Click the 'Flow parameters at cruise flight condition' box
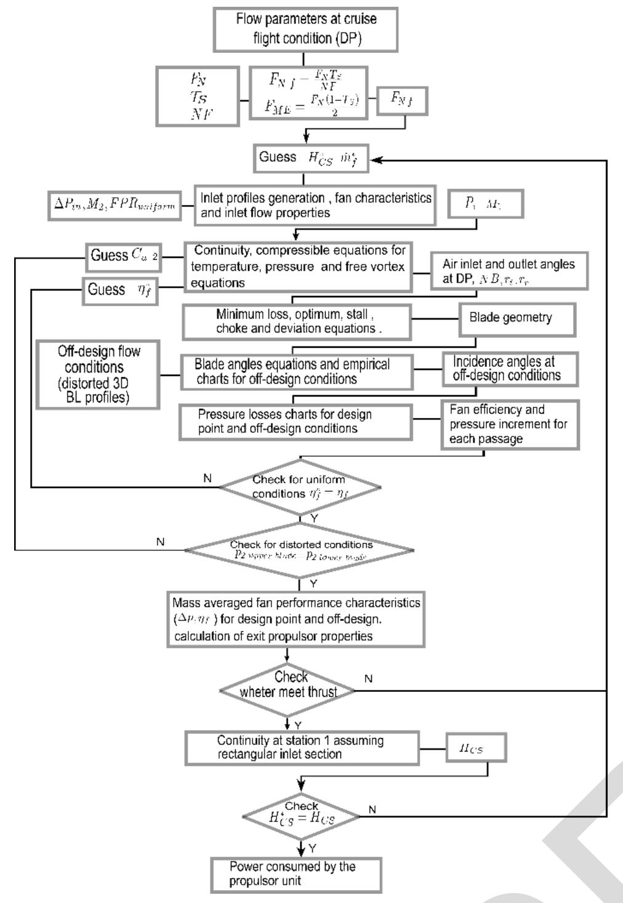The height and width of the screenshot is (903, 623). click(305, 29)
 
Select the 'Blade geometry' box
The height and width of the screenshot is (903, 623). click(517, 319)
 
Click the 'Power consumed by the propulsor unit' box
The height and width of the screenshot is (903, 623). click(296, 874)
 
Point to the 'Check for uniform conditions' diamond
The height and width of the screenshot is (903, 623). click(299, 487)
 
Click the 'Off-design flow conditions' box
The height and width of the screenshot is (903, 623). click(98, 374)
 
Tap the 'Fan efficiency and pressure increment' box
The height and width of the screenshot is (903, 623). click(510, 424)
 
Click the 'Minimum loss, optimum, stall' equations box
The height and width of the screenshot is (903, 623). click(297, 321)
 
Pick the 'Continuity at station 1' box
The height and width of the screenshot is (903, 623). click(302, 748)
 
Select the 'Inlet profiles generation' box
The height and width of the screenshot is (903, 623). click(315, 206)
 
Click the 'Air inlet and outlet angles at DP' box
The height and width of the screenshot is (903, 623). click(509, 270)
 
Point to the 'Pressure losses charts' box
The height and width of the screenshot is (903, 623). click(295, 422)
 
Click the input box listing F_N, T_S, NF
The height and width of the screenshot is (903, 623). click(198, 97)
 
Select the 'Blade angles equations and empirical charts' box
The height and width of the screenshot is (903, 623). click(297, 372)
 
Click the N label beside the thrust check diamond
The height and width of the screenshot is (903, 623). click(368, 679)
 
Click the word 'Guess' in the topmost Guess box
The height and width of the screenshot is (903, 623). click(278, 157)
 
